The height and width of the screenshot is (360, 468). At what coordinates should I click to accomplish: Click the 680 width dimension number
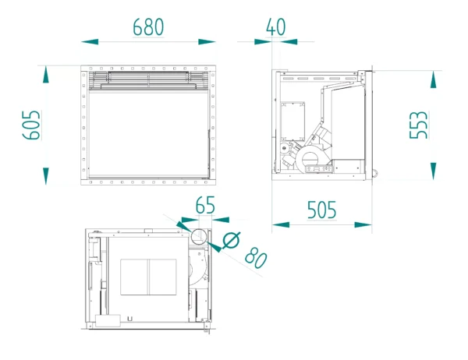click(x=148, y=26)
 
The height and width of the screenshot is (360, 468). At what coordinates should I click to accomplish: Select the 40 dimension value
click(x=275, y=26)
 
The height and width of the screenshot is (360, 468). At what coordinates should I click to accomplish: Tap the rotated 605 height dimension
click(x=30, y=125)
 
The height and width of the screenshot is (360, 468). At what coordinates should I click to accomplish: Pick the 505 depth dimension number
click(x=321, y=210)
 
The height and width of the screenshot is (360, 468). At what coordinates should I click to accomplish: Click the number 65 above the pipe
click(x=205, y=206)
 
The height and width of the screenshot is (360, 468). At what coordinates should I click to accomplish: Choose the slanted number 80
click(x=255, y=257)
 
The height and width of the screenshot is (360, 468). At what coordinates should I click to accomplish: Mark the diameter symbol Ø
click(x=231, y=242)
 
